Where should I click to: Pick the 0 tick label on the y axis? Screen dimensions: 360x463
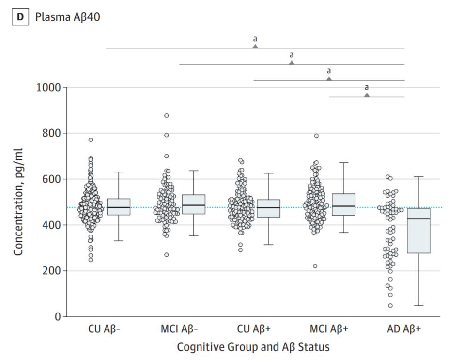[x=57, y=317]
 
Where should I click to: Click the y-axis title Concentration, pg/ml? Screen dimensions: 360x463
[x=19, y=202]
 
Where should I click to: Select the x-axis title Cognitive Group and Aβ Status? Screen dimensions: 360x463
[x=253, y=347]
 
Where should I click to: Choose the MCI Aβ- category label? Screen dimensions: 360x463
[x=180, y=329]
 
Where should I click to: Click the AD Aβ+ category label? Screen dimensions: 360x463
[x=404, y=329]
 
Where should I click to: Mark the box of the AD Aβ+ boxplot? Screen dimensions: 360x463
[x=418, y=231]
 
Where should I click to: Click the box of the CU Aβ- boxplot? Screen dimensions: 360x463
[x=119, y=207]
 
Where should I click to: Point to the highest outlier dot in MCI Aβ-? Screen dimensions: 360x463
[x=167, y=115]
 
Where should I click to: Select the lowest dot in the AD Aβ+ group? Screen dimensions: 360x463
[x=390, y=306]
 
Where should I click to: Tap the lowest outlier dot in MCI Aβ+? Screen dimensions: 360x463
[x=315, y=266]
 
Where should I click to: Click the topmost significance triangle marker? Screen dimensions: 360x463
[x=255, y=46]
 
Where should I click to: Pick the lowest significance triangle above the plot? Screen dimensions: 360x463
[x=367, y=95]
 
